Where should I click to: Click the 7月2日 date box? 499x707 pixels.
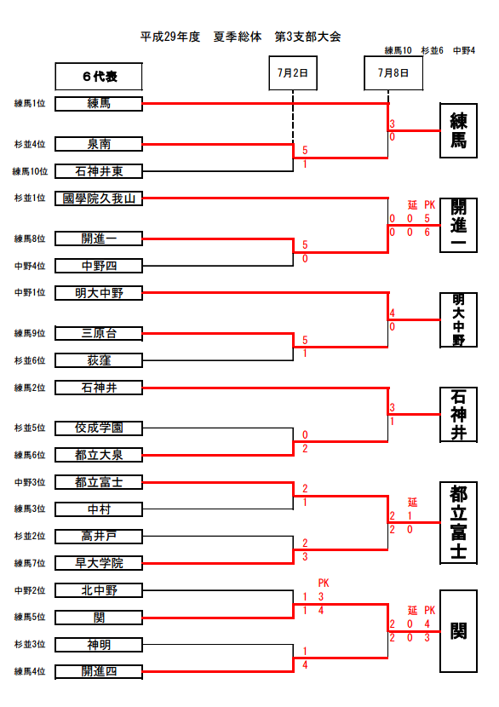293,73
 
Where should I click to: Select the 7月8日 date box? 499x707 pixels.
393,73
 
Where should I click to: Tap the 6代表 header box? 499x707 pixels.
99,77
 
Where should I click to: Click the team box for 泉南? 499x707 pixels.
99,144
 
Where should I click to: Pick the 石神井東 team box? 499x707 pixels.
99,171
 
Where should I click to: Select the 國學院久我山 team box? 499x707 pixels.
99,198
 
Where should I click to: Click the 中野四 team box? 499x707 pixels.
99,266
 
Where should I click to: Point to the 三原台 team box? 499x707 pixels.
99,334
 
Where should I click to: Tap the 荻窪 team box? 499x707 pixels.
99,360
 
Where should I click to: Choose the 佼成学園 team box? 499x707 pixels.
99,428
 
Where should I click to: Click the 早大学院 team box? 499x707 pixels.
99,564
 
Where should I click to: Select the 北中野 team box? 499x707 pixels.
99,590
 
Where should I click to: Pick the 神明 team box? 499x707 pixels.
99,645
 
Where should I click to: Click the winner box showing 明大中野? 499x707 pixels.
458,320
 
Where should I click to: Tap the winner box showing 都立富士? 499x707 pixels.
458,523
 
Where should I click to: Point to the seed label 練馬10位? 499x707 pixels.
30,171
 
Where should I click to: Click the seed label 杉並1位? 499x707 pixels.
30,198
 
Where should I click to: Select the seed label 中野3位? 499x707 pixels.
30,482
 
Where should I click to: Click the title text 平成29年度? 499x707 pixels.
170,37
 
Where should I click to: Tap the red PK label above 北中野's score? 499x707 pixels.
324,583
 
